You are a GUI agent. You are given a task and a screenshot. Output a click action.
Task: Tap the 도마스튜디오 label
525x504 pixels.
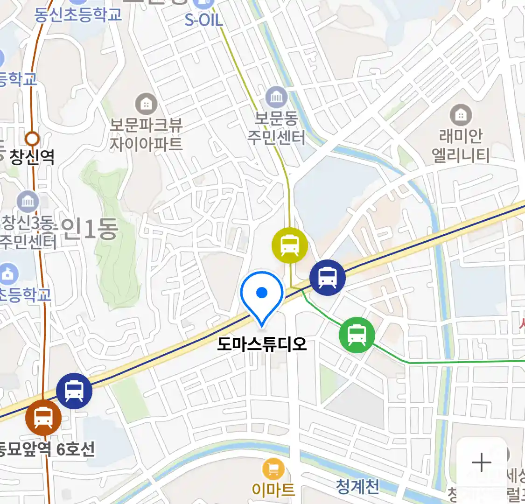pos(262,344)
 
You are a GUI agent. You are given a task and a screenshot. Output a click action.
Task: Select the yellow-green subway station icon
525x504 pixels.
pos(290,245)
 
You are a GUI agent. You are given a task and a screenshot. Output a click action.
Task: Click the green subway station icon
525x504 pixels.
pos(357,335)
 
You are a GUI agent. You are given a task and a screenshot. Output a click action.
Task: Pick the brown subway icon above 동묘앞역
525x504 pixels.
pos(43,417)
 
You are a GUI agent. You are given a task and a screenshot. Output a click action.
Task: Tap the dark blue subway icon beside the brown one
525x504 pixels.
pos(74,391)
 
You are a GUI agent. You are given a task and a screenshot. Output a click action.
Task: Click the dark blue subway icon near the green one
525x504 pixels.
pos(328,278)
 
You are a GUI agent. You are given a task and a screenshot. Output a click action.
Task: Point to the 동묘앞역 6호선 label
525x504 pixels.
pos(47,449)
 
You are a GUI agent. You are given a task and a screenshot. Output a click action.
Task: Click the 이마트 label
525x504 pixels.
pos(273,489)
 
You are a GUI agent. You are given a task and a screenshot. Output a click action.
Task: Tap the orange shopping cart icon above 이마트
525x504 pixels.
pos(273,469)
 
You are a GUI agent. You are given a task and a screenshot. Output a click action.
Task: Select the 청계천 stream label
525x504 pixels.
pos(357,487)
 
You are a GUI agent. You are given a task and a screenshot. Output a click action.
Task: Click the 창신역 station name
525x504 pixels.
pos(32,157)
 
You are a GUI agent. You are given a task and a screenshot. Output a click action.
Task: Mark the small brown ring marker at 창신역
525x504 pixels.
pos(32,139)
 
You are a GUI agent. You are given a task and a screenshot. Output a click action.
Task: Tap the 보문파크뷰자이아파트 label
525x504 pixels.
pos(146,134)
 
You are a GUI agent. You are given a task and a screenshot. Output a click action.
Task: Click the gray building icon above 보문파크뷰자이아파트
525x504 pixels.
pos(146,104)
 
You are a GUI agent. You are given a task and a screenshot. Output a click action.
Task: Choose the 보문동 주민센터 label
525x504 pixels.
pos(276,128)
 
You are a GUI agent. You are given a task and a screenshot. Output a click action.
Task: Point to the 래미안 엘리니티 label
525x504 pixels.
pos(461,146)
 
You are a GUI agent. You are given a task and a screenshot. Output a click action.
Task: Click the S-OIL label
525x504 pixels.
pos(204,20)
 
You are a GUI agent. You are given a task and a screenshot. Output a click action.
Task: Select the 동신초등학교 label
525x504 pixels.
pos(78,14)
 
